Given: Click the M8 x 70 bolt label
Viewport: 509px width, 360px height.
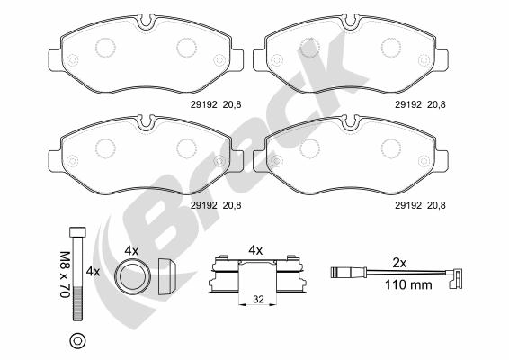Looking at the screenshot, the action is point(65,274).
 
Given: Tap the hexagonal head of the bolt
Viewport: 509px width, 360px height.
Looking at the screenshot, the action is point(78,231).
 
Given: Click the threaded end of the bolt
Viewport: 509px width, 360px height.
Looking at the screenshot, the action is point(78,304).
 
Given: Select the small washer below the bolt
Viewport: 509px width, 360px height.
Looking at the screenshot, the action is point(78,340).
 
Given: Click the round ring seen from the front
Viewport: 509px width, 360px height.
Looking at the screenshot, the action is point(133,276).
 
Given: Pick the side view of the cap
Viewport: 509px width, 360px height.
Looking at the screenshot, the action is point(167,276).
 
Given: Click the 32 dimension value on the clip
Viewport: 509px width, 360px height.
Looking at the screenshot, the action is point(258,299).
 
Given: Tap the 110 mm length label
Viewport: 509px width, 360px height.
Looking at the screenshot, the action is point(408,285).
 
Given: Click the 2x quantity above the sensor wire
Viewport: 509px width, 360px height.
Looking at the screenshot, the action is point(399,263).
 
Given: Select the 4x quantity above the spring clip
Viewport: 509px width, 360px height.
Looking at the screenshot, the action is point(255,250).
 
